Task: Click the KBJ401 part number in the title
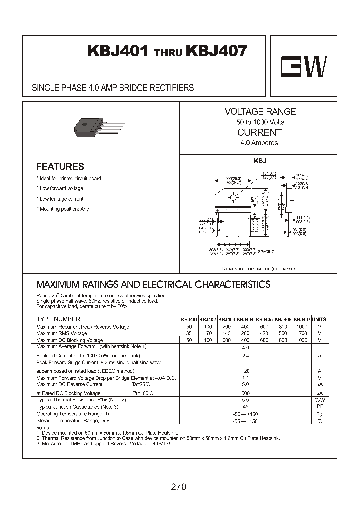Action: [118, 52]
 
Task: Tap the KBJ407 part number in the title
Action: [216, 52]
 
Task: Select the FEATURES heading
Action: [60, 167]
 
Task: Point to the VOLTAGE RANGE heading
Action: [260, 112]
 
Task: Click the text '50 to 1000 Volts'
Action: [260, 122]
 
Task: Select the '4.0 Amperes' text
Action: [259, 143]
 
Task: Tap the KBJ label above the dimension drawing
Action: [260, 161]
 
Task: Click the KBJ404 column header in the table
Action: [245, 319]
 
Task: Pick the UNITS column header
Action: [319, 319]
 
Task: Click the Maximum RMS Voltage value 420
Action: [264, 333]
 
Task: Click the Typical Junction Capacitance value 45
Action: [245, 407]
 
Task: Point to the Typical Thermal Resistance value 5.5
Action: [245, 400]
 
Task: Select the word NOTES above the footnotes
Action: [43, 428]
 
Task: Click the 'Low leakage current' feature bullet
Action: [61, 199]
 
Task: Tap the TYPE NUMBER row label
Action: [58, 319]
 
